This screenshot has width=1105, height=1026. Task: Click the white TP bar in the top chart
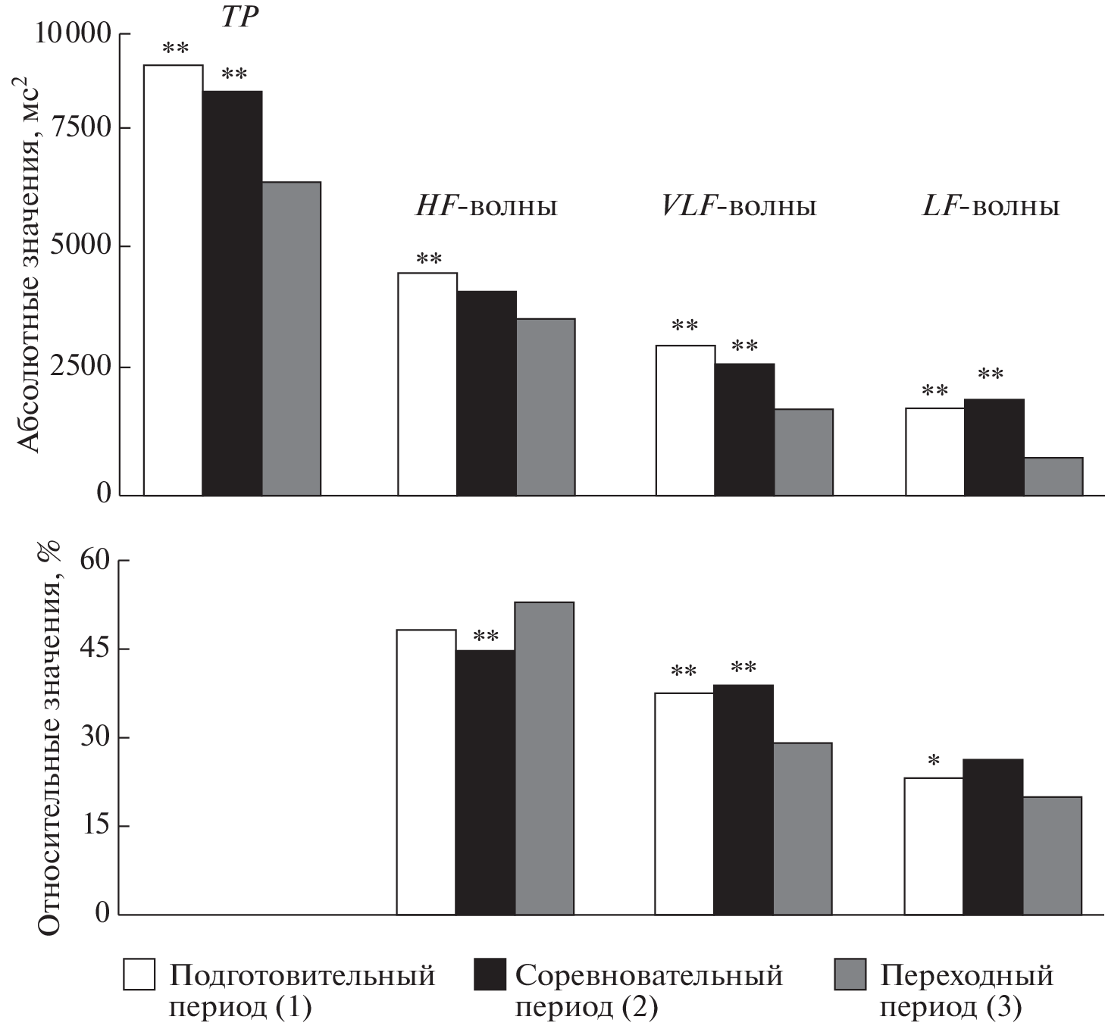[x=174, y=280]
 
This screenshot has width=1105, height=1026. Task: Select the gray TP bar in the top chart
[x=292, y=339]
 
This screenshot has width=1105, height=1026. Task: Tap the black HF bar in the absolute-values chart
[x=487, y=393]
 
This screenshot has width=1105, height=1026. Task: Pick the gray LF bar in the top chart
[x=1053, y=477]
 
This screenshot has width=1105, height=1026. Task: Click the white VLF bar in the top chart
[x=685, y=421]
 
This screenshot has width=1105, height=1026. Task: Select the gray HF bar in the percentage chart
[x=544, y=758]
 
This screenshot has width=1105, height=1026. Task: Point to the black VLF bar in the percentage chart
[x=743, y=799]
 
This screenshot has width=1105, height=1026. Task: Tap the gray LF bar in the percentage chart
[x=1052, y=856]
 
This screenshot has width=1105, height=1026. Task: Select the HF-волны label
[x=486, y=207]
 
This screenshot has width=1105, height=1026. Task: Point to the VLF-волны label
[x=739, y=207]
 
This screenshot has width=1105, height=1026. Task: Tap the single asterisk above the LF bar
[x=934, y=760]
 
